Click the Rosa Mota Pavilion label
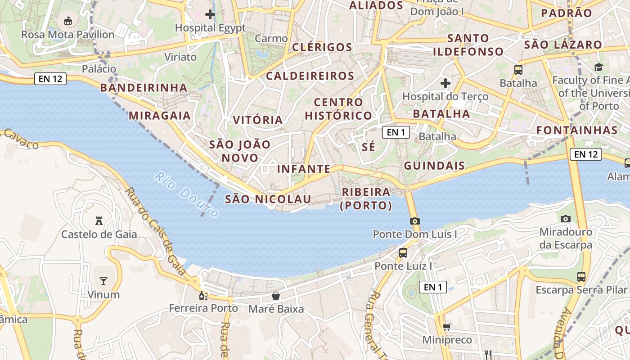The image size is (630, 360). pyautogui.click(x=68, y=34)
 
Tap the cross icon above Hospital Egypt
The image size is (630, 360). pyautogui.click(x=210, y=14)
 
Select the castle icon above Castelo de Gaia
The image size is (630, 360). pyautogui.click(x=99, y=220)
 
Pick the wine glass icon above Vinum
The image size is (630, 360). pyautogui.click(x=103, y=281)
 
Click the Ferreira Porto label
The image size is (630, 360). pyautogui.click(x=203, y=308)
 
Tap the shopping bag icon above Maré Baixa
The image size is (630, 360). pyautogui.click(x=276, y=296)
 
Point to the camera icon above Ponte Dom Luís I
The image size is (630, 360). pyautogui.click(x=414, y=221)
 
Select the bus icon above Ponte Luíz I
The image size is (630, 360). pyautogui.click(x=403, y=252)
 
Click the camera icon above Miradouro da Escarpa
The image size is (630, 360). pyautogui.click(x=566, y=219)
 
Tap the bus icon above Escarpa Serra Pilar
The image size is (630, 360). pyautogui.click(x=581, y=276)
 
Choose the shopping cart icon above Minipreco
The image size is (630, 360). pyautogui.click(x=447, y=327)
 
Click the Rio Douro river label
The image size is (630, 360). pyautogui.click(x=186, y=194)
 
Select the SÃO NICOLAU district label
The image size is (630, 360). pyautogui.click(x=268, y=199)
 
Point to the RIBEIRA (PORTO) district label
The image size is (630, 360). pyautogui.click(x=366, y=199)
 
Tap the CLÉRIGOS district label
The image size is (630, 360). pyautogui.click(x=322, y=47)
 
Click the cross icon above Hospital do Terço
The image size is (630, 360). pyautogui.click(x=445, y=83)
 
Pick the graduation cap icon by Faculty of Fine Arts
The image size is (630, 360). pyautogui.click(x=598, y=67)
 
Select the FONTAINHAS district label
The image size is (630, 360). pyautogui.click(x=577, y=130)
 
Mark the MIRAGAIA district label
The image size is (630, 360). pyautogui.click(x=160, y=116)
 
